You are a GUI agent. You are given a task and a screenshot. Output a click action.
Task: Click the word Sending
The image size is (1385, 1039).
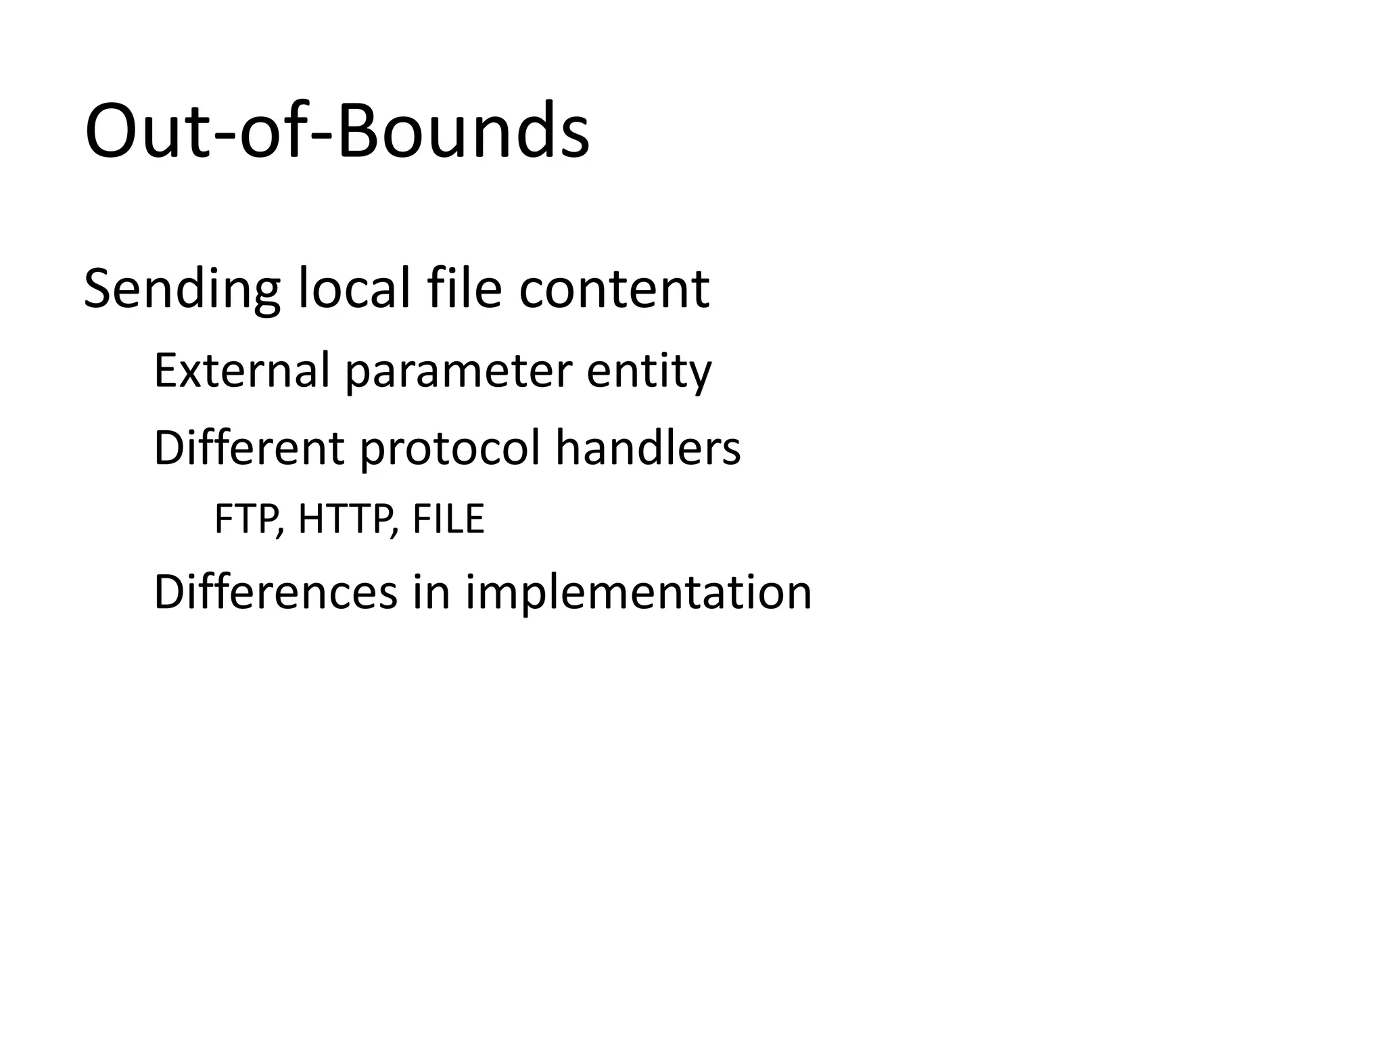click(x=181, y=290)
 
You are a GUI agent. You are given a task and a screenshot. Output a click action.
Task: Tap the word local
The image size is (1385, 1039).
click(x=354, y=290)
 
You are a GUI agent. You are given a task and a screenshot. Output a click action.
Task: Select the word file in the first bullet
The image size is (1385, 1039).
click(x=465, y=290)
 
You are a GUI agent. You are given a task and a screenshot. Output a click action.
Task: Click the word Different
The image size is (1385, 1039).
click(x=249, y=448)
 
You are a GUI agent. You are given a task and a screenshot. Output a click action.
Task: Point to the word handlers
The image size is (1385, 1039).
click(x=648, y=448)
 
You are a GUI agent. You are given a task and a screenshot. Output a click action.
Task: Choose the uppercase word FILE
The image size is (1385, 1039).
click(x=448, y=519)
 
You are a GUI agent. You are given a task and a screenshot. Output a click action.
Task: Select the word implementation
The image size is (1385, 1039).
click(x=638, y=593)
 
